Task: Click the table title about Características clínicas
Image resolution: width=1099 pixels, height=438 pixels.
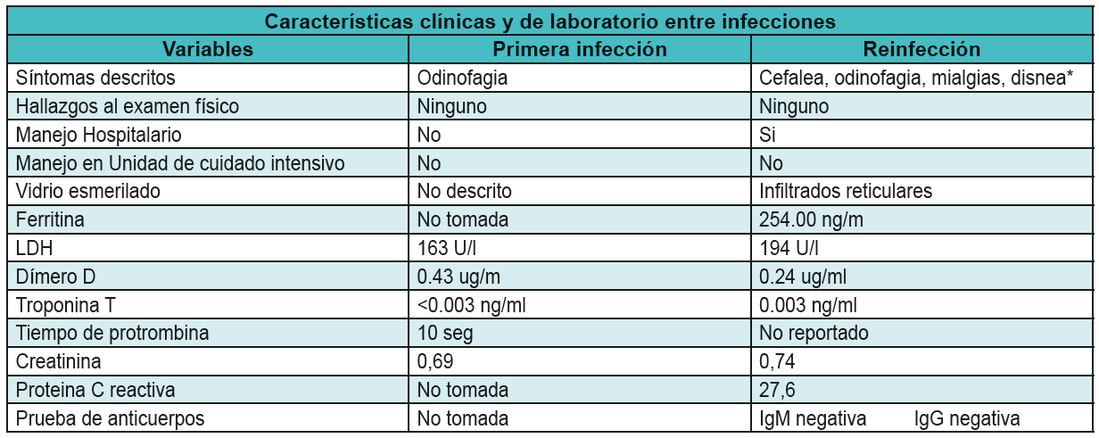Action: (549, 20)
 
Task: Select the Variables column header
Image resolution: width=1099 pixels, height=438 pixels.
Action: (208, 49)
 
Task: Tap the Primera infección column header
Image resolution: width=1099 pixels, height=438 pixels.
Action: (580, 49)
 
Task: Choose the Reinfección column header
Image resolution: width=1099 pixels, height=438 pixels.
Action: (921, 49)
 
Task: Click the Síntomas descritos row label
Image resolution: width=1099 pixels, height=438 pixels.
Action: (95, 78)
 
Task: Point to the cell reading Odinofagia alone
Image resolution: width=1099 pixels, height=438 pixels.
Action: (462, 78)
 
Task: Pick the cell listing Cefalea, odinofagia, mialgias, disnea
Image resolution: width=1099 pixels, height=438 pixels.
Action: (914, 78)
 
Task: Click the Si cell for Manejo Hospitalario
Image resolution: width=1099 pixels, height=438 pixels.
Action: (768, 135)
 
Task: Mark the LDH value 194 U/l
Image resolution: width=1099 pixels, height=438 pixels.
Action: (789, 248)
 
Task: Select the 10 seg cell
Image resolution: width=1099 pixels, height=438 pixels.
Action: (442, 334)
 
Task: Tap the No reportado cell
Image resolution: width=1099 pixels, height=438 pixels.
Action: (814, 334)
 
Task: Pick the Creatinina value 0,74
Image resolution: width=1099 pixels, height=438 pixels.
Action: (777, 362)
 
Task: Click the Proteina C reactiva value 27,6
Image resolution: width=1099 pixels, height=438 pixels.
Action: (777, 391)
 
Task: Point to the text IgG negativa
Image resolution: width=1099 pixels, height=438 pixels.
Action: (966, 418)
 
